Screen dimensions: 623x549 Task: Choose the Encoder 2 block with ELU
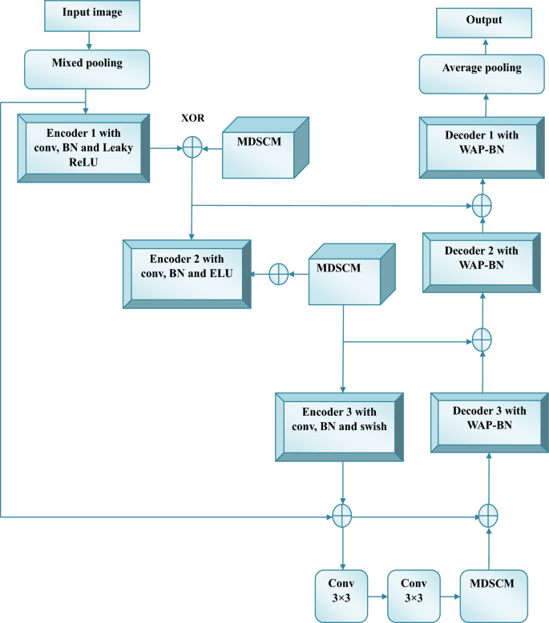186,273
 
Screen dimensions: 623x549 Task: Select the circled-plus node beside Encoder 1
192,147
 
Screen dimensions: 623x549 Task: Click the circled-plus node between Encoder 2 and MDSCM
277,274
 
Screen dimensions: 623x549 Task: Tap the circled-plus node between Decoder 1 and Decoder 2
481,205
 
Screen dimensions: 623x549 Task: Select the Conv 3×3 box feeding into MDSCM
414,593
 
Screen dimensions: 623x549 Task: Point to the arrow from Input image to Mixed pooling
88,40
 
